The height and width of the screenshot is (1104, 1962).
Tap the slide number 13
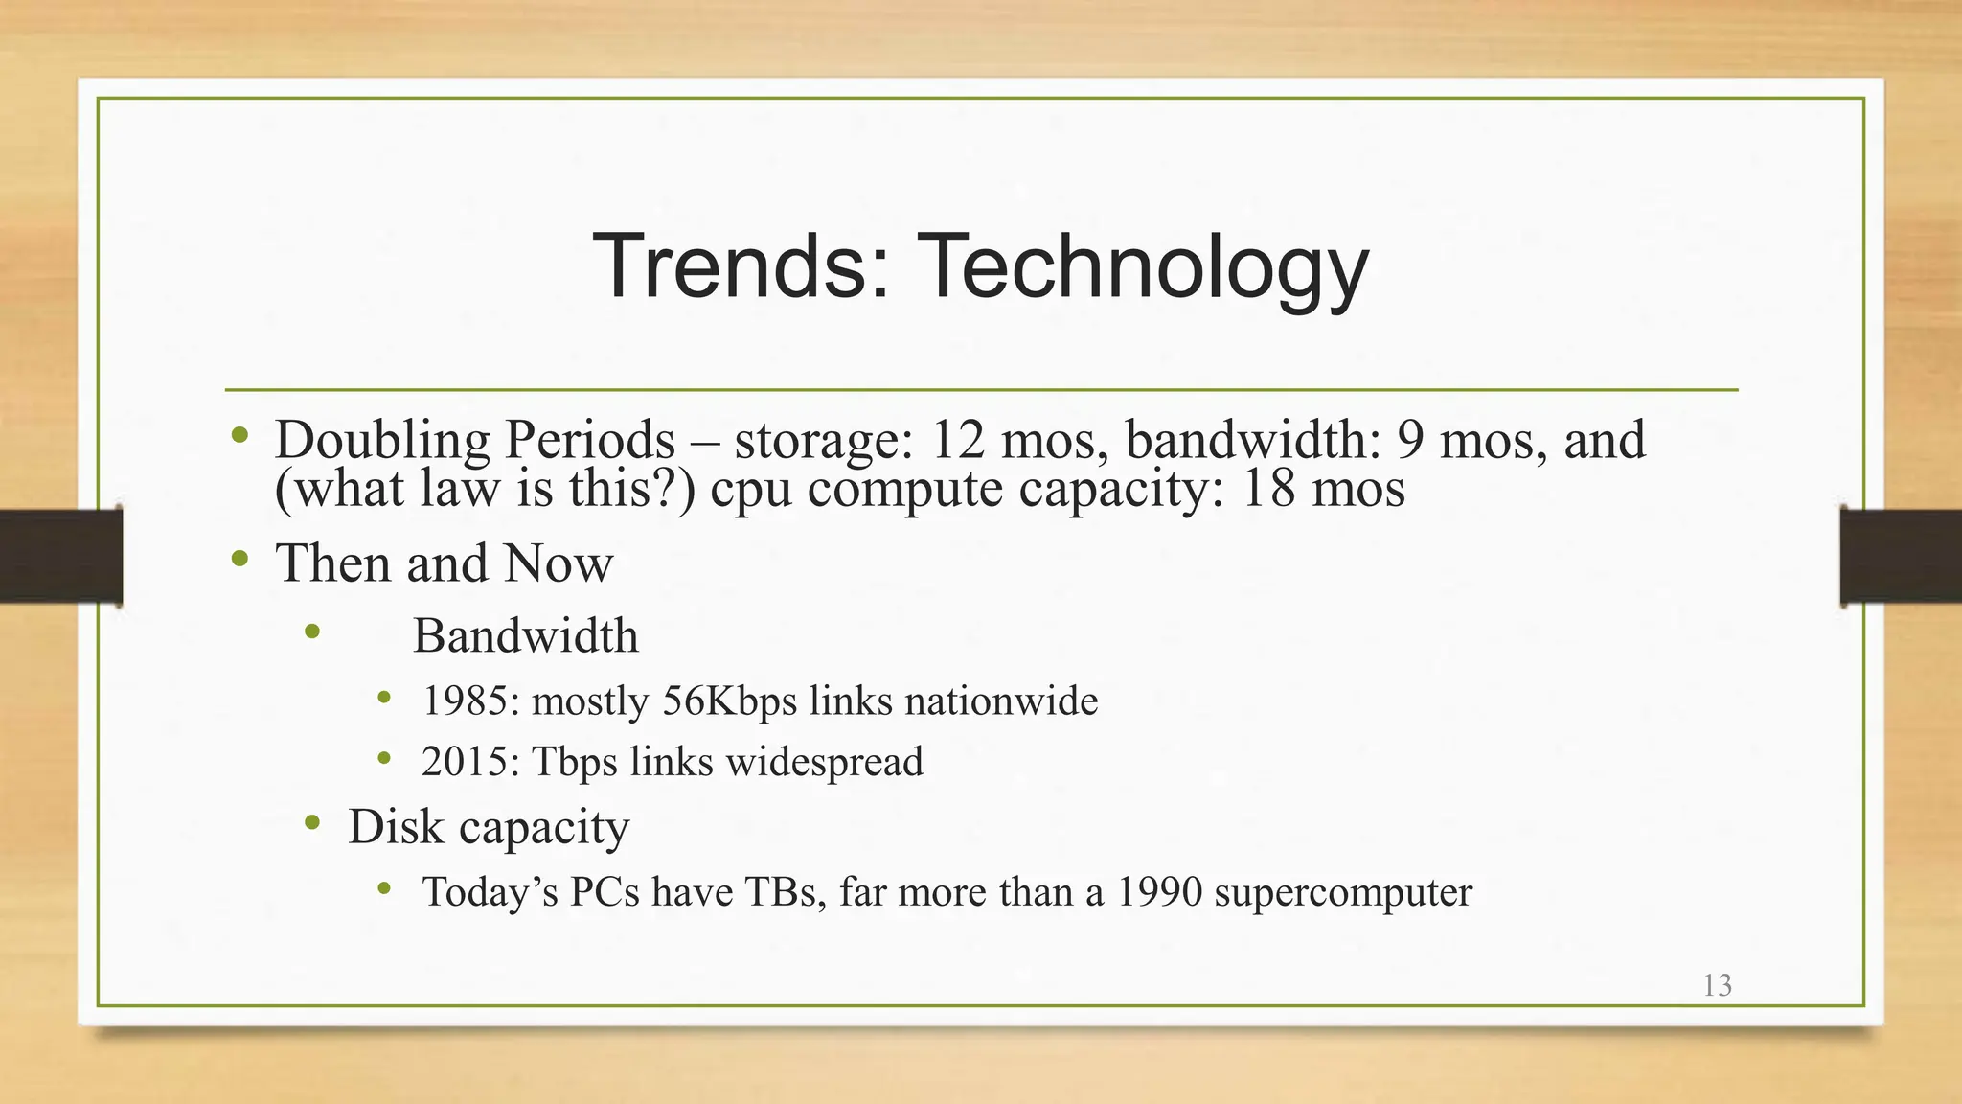tap(1717, 985)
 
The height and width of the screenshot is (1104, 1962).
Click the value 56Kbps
tap(729, 701)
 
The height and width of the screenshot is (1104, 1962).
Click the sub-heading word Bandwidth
tap(525, 635)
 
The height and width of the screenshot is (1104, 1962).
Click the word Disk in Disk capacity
tap(396, 826)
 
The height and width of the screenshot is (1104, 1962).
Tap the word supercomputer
tap(1342, 892)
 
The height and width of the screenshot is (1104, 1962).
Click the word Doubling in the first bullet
tap(382, 441)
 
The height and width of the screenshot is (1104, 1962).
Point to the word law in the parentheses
tap(460, 489)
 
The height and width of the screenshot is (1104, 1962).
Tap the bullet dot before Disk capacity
tap(312, 822)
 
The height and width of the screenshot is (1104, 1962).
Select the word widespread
tap(824, 762)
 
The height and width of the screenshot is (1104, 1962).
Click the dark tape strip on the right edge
tap(1901, 556)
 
